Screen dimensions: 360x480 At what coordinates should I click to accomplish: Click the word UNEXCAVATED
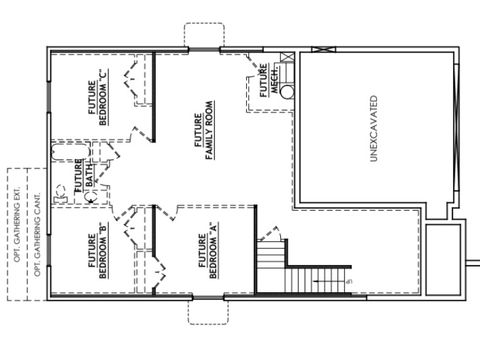point(373,127)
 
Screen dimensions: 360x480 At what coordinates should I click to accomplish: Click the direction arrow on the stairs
point(329,283)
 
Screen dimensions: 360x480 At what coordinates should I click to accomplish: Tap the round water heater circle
point(287,91)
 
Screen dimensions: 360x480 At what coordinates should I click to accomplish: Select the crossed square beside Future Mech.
point(287,59)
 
